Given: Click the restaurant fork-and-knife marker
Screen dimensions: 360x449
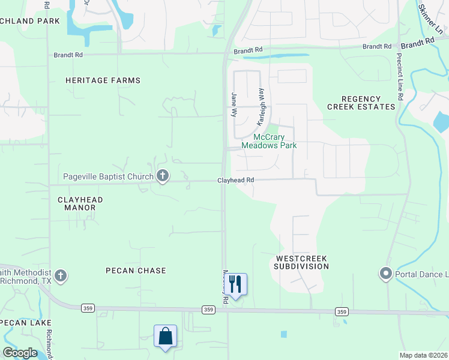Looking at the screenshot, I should click(235, 284).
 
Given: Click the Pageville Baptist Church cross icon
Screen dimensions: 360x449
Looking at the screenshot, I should click(162, 176).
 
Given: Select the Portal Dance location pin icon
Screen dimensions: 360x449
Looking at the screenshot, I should click(385, 274).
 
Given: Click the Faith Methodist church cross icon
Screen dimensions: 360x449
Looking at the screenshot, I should click(59, 275).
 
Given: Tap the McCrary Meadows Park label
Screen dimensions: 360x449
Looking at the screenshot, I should click(269, 141).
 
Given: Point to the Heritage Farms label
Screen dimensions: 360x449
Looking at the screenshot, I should click(103, 80).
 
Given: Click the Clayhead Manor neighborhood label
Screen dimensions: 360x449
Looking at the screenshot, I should click(80, 203).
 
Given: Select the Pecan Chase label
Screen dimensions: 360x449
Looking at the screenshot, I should click(136, 271).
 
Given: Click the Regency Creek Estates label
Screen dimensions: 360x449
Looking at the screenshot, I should click(361, 103).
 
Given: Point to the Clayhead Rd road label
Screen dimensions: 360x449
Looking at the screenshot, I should click(236, 180).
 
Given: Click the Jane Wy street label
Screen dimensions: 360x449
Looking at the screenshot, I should click(235, 104).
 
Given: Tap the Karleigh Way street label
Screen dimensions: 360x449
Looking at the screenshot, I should click(261, 107).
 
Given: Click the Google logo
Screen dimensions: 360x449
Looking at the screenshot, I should click(20, 353).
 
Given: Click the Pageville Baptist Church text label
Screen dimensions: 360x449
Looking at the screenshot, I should click(108, 176).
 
